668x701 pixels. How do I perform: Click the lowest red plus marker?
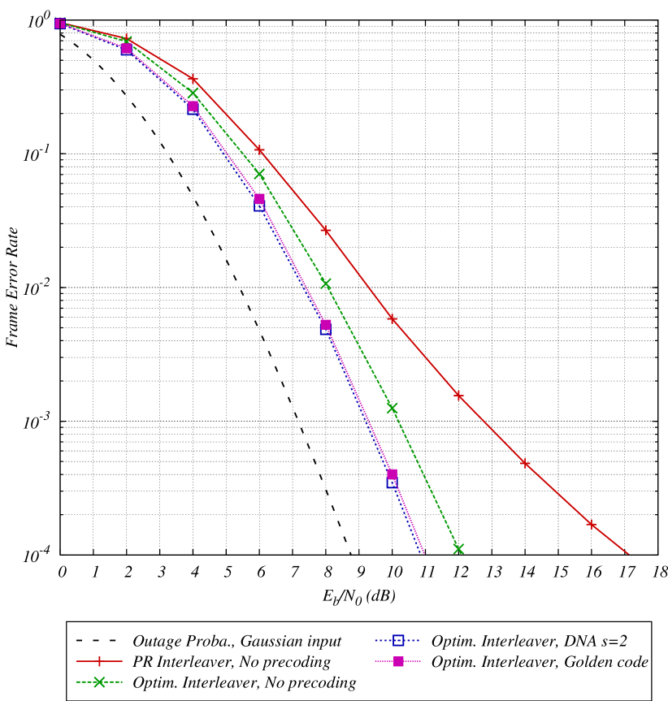click(592, 525)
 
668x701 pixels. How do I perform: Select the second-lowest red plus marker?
click(525, 464)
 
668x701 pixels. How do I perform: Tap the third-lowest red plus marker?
click(458, 396)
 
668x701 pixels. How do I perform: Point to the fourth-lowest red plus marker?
click(392, 318)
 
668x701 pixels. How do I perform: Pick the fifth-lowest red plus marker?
click(326, 231)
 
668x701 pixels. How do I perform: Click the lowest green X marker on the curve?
click(458, 549)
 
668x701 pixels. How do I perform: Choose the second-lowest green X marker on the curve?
click(392, 408)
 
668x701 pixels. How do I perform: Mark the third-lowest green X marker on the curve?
click(326, 283)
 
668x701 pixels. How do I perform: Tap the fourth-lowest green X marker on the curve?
click(259, 174)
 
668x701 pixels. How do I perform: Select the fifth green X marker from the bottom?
click(193, 93)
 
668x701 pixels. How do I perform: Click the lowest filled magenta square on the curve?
click(392, 474)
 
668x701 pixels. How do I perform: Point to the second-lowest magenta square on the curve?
click(326, 324)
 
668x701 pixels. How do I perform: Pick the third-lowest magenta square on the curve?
click(259, 198)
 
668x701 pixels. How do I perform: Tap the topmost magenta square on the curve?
click(60, 24)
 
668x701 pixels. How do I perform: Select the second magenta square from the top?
click(127, 49)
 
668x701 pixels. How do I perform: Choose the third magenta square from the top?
click(193, 106)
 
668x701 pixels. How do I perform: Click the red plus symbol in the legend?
click(99, 661)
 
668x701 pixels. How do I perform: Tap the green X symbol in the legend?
click(99, 682)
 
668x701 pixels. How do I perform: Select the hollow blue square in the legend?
click(398, 640)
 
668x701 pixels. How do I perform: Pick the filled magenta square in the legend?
click(398, 661)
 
